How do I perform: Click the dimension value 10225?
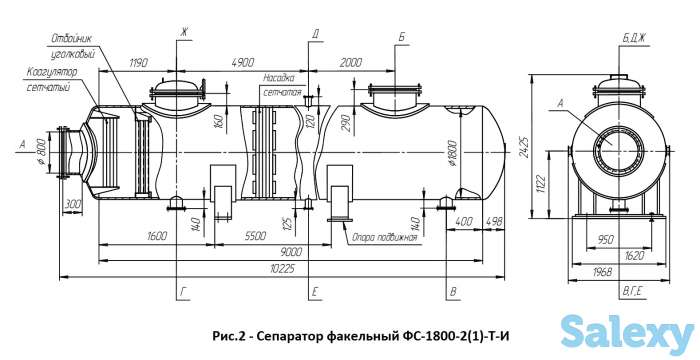[285, 269]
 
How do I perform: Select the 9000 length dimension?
[291, 252]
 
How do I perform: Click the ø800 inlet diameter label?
[41, 152]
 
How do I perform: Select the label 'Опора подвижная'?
[384, 237]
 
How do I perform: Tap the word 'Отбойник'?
[72, 38]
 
